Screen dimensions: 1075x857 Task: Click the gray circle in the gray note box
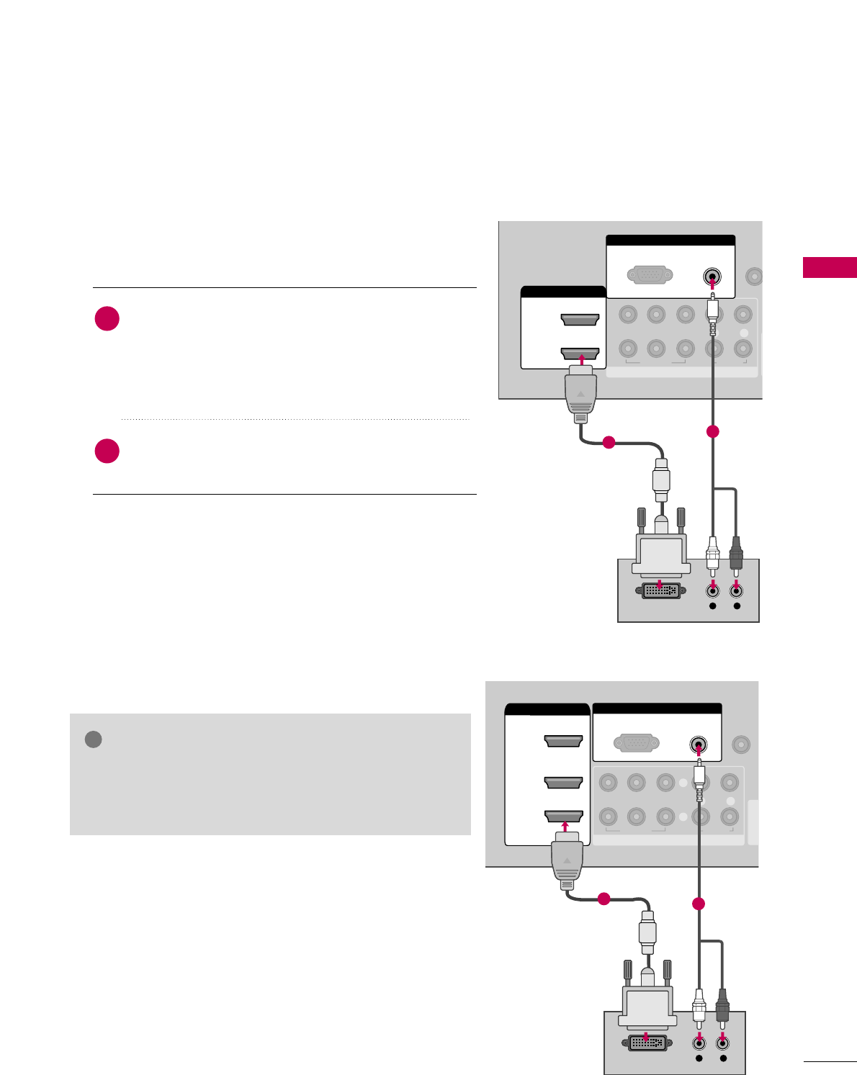(x=93, y=739)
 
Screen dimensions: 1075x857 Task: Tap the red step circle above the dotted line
(x=107, y=318)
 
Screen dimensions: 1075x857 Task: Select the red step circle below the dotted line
(x=107, y=451)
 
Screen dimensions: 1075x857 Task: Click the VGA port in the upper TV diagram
(x=650, y=275)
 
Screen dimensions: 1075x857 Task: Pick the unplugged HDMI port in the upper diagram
(x=580, y=320)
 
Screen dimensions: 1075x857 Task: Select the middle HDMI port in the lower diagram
(x=563, y=782)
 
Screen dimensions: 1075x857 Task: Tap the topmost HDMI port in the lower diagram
(x=563, y=741)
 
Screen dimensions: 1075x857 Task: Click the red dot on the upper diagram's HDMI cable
(x=609, y=443)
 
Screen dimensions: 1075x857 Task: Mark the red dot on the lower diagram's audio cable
(x=698, y=904)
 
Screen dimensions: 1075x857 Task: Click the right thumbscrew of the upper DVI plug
(x=681, y=520)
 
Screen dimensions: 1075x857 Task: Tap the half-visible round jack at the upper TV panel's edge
(x=755, y=276)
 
